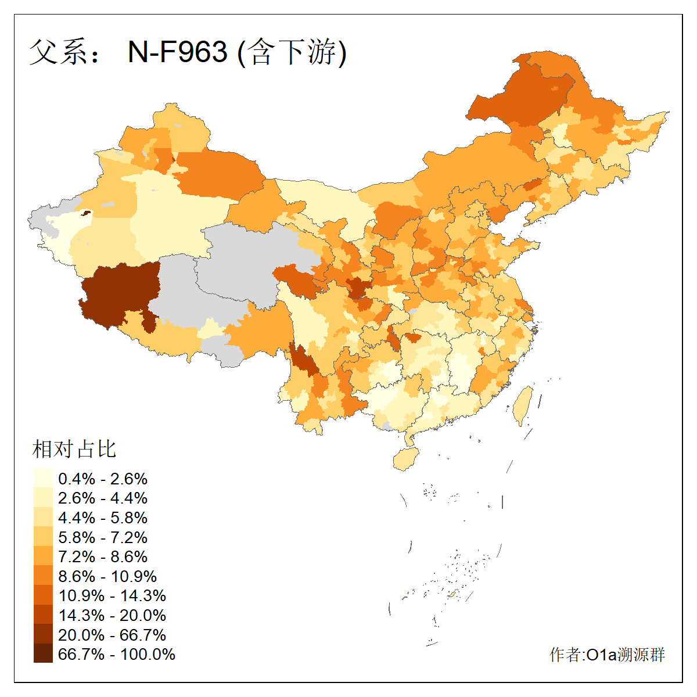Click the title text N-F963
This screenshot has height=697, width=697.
[177, 52]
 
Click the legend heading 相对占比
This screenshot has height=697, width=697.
[74, 449]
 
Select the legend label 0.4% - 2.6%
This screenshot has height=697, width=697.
[103, 479]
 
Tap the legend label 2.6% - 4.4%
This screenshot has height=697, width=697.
[103, 498]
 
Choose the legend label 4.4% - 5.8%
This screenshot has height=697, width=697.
[103, 518]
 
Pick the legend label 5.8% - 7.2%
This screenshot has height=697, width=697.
[103, 537]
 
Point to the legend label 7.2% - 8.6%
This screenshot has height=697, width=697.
[103, 557]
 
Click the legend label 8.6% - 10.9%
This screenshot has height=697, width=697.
[107, 577]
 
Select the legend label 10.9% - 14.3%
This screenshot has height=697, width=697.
[112, 596]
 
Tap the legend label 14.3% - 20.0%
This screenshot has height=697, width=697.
[112, 616]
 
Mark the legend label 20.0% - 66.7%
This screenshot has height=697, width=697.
[112, 635]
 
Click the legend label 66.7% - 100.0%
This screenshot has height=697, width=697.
[117, 655]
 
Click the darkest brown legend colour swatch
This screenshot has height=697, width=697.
[43, 653]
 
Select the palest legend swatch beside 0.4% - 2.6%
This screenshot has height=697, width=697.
[43, 478]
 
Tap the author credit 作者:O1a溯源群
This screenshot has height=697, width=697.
[607, 655]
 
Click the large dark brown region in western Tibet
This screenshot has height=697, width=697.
[119, 293]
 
